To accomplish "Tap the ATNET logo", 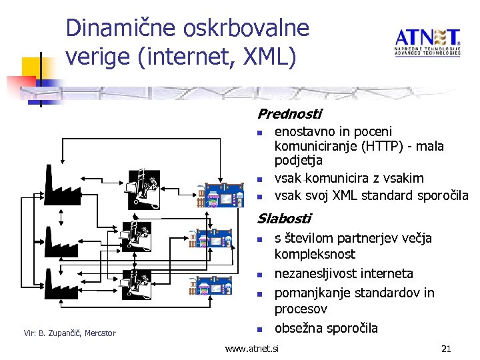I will click(x=427, y=42).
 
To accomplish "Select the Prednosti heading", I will click(x=289, y=114).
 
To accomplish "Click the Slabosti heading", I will click(x=284, y=218).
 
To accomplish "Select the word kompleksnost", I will click(x=315, y=254).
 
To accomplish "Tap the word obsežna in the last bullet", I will click(x=299, y=328).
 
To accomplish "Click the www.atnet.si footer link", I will click(x=252, y=349).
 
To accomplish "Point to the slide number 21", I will click(x=446, y=349).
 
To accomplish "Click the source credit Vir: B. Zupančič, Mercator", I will click(x=69, y=333).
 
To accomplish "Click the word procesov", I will click(x=301, y=309).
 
